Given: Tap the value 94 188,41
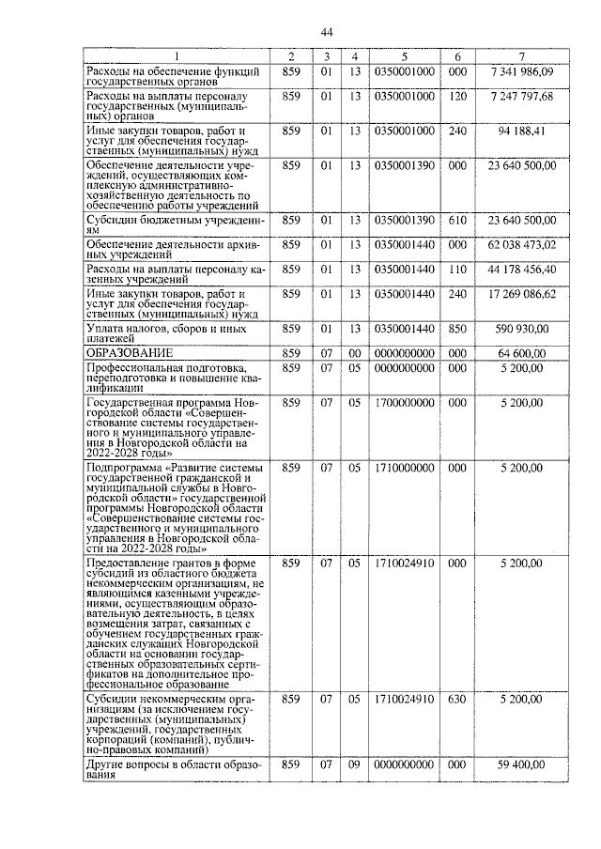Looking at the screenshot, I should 529,130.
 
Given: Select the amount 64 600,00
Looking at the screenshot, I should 531,353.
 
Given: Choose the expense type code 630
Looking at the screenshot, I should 457,700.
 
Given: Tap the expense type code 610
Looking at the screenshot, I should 457,219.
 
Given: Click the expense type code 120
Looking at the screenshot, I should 457,97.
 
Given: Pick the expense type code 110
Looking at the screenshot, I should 457,270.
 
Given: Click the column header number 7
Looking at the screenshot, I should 522,56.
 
